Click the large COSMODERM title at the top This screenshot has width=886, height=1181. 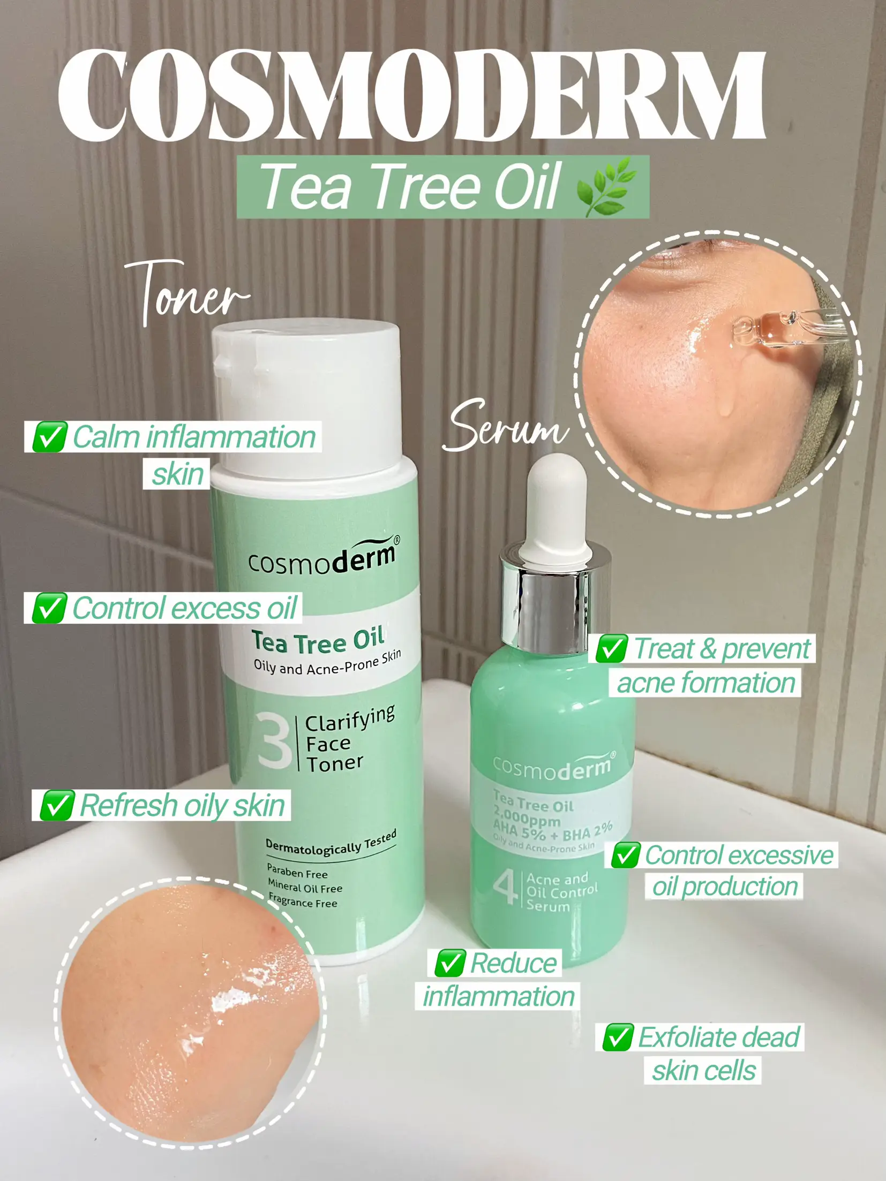411,95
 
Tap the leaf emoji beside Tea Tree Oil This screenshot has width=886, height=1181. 606,187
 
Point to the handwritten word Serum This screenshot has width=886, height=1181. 506,427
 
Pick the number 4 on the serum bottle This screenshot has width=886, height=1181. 504,889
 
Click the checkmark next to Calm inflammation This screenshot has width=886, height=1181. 49,437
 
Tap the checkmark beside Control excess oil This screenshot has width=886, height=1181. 49,608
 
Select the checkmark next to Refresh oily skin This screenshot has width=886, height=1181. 56,805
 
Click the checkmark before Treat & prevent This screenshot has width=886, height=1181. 611,649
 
